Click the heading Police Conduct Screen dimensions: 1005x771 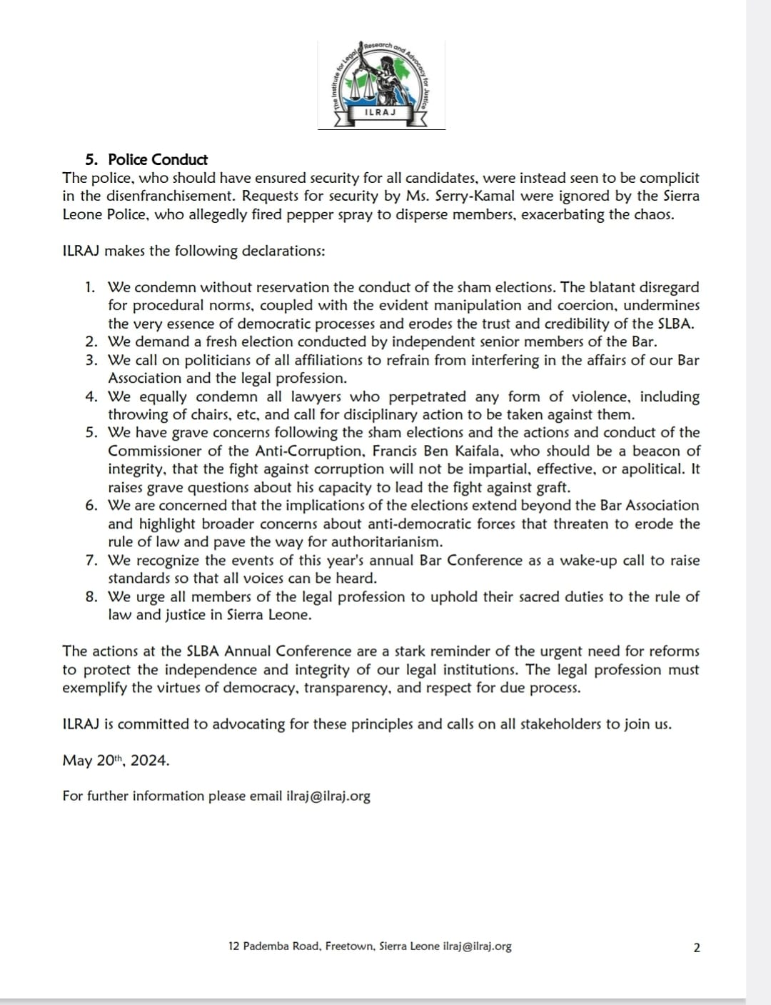158,159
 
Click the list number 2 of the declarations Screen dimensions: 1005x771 91,341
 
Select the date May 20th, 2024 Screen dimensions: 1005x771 116,760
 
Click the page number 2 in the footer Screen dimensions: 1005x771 697,947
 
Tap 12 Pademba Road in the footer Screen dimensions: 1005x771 275,946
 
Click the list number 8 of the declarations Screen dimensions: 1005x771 91,596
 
